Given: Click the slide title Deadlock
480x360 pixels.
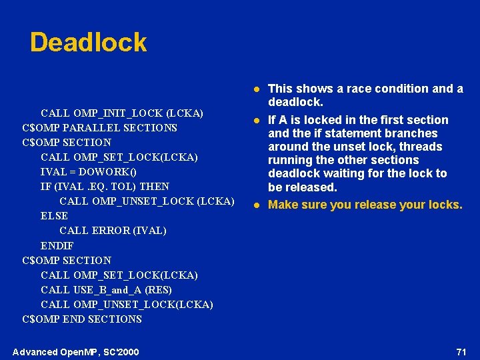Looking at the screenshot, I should click(88, 43).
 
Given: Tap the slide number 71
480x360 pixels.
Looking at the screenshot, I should click(461, 351).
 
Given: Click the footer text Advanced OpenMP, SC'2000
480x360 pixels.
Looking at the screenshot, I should click(76, 352).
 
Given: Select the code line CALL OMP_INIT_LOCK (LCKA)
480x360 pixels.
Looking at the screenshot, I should click(122, 113).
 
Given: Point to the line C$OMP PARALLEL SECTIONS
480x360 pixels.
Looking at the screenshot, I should click(99, 127).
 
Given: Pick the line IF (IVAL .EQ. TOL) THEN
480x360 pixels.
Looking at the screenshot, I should click(105, 186).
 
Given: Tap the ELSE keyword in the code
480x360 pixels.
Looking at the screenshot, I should click(54, 215).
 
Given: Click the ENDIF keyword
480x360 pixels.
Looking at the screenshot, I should click(57, 245).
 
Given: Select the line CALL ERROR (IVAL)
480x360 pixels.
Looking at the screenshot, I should click(113, 231).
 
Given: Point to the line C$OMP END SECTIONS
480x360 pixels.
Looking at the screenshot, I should click(82, 319).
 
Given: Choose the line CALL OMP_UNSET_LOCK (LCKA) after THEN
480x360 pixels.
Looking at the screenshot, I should click(147, 201).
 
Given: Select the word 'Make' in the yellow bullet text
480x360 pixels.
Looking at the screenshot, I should click(283, 205).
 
